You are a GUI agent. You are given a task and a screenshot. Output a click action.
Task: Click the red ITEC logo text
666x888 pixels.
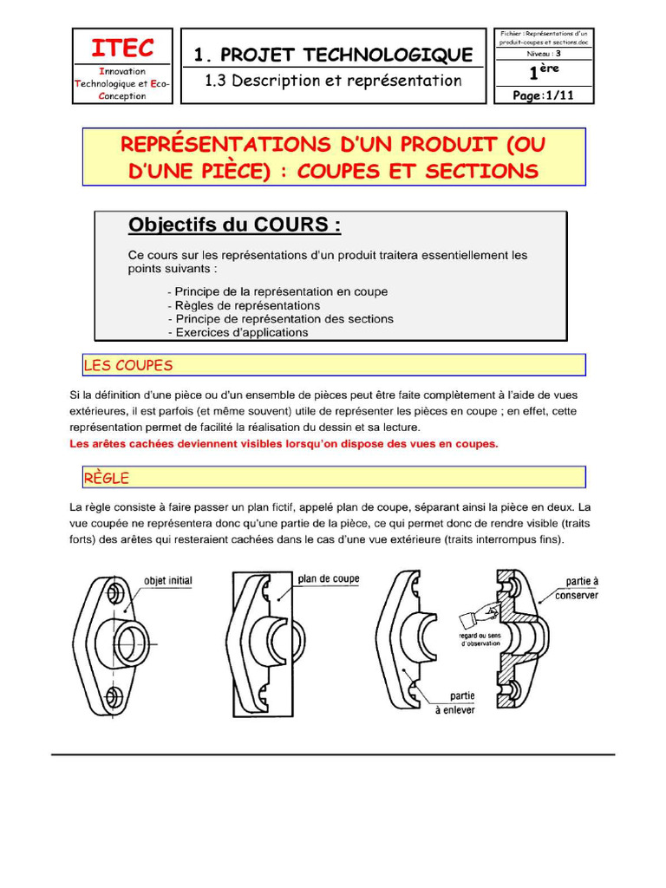click(122, 47)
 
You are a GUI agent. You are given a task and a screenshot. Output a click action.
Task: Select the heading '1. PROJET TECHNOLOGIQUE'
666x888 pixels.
click(334, 55)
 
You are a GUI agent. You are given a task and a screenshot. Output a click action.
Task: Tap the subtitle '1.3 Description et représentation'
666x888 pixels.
click(333, 81)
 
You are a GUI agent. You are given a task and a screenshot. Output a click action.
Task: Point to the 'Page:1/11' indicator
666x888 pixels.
click(545, 95)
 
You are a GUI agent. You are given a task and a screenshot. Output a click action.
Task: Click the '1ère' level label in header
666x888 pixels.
click(545, 73)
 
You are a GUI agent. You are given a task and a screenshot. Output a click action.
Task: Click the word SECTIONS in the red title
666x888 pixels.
click(481, 171)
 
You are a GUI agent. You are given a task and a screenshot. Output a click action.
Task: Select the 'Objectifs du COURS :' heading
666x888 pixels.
click(234, 225)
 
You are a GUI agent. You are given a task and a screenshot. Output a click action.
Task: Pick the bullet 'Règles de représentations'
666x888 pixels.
click(244, 305)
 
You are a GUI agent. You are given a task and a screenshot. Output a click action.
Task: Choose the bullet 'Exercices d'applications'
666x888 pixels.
click(238, 332)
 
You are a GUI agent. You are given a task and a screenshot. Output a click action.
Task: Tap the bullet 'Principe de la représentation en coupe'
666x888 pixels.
click(277, 291)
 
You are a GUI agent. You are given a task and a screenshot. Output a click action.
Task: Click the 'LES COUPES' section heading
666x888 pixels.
click(128, 365)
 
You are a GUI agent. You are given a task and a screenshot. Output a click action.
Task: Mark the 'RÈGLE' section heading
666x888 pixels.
click(107, 478)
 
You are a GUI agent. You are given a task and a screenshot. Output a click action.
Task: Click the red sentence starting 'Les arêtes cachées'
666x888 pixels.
click(284, 444)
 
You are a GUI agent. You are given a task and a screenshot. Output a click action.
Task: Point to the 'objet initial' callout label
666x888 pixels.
click(167, 580)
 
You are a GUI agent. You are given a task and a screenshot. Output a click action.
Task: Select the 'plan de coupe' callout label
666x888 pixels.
click(328, 578)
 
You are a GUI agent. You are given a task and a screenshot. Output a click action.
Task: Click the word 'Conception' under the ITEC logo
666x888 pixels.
click(122, 96)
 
